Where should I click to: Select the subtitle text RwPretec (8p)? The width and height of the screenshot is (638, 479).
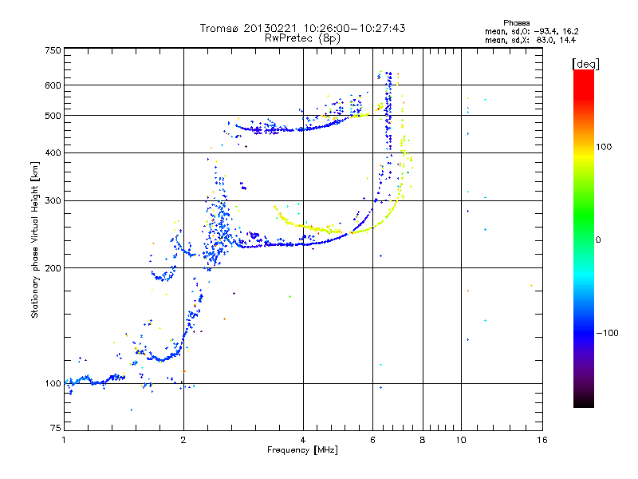click(x=303, y=38)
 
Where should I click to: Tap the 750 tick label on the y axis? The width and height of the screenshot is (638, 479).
click(x=53, y=50)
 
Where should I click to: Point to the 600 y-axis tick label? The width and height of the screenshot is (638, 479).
click(x=53, y=85)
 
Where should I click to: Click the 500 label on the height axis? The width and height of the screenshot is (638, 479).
click(x=53, y=116)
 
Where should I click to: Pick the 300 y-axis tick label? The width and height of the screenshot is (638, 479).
click(x=53, y=200)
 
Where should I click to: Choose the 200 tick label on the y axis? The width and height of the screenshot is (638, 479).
click(x=53, y=268)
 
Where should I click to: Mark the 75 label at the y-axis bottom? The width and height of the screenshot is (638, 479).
click(x=56, y=428)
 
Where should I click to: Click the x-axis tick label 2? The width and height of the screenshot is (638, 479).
click(x=183, y=440)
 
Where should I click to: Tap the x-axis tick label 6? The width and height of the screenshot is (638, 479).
click(x=372, y=440)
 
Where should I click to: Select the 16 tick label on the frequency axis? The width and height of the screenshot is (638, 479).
click(x=542, y=440)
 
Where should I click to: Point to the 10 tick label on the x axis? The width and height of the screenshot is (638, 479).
click(x=461, y=440)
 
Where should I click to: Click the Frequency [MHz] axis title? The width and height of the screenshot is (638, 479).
click(x=303, y=450)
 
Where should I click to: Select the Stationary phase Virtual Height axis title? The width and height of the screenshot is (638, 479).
click(x=35, y=240)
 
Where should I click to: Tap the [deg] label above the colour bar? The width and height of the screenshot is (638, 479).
click(x=585, y=65)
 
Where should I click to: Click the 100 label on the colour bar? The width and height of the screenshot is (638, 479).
click(x=604, y=147)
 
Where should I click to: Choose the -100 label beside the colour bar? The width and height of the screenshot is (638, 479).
click(x=608, y=333)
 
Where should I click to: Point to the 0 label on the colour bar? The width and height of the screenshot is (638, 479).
click(x=598, y=240)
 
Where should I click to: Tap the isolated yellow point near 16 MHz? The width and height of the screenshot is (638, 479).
click(x=531, y=286)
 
